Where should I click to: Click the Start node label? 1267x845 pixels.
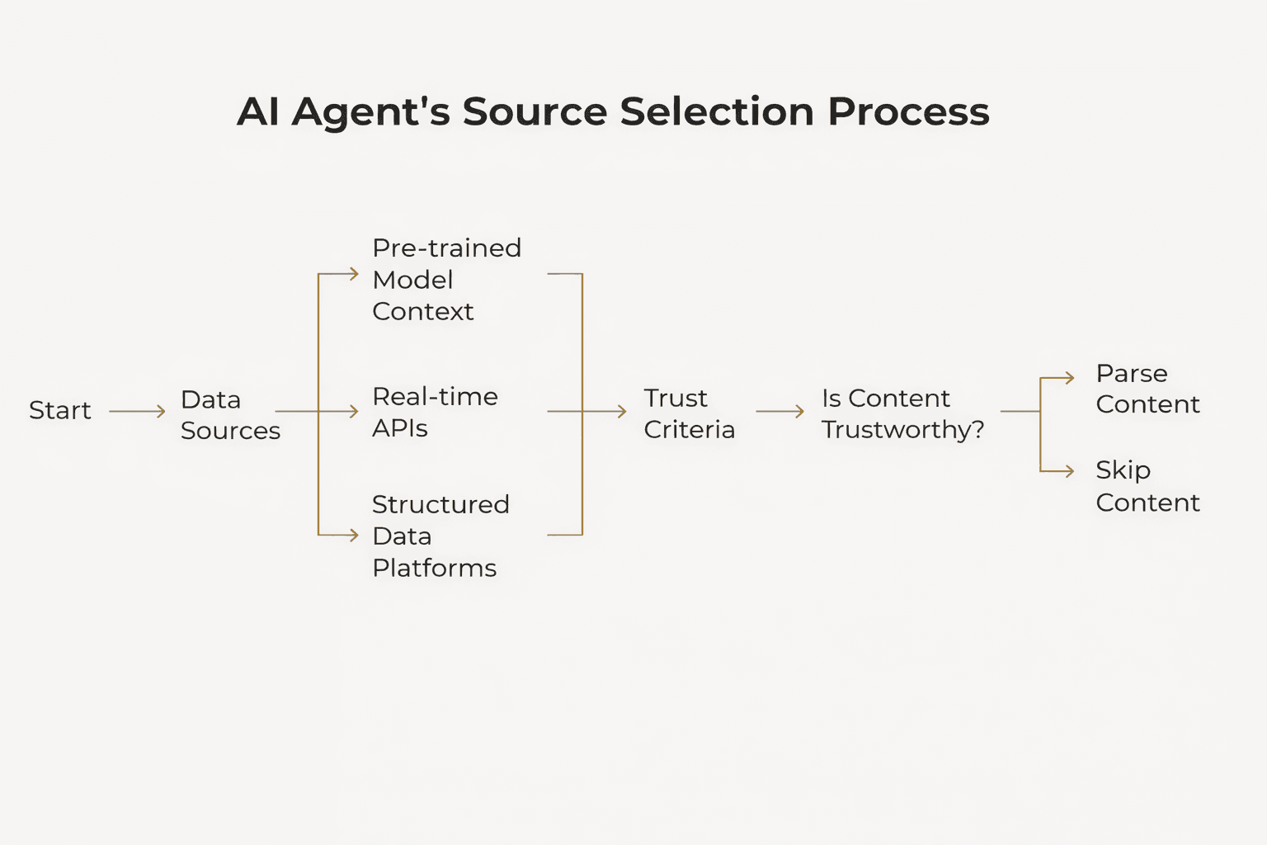[x=59, y=410]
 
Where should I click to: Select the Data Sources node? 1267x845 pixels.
[x=229, y=415]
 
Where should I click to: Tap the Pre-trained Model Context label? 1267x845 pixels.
[x=445, y=280]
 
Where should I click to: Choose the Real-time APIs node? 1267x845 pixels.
[x=434, y=412]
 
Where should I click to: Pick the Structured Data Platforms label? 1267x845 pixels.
[x=440, y=536]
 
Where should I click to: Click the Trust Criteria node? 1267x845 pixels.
[x=688, y=413]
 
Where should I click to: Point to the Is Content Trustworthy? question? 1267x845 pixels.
[x=902, y=413]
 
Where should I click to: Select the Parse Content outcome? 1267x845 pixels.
[x=1147, y=389]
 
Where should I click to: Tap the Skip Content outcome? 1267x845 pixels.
[x=1147, y=486]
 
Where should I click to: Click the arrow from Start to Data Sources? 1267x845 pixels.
[x=137, y=411]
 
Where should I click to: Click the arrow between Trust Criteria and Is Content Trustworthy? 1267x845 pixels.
[x=780, y=411]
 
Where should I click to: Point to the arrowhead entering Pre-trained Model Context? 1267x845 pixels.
[x=354, y=274]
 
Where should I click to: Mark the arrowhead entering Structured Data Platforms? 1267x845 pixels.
[x=354, y=535]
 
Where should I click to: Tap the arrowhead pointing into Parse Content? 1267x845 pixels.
[x=1070, y=378]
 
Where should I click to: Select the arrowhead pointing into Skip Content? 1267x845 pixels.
[x=1070, y=471]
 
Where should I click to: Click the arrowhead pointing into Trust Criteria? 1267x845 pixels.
[x=622, y=411]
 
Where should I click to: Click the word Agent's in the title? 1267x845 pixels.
[x=370, y=112]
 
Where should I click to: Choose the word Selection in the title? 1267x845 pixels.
[x=717, y=111]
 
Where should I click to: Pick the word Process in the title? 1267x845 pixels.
[x=908, y=111]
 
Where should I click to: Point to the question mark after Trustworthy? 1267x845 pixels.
[x=978, y=429]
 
